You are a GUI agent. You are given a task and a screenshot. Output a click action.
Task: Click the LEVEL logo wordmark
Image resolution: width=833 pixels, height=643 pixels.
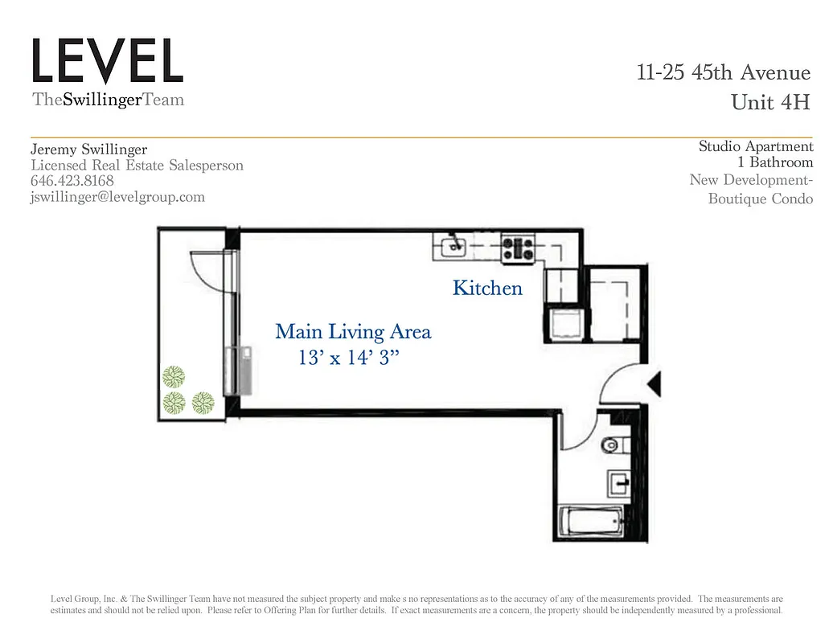pos(108,61)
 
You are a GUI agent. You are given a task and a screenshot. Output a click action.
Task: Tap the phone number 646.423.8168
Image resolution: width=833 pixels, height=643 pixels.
pos(72,181)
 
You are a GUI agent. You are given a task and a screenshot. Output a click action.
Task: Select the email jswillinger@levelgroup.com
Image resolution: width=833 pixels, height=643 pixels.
pos(117,197)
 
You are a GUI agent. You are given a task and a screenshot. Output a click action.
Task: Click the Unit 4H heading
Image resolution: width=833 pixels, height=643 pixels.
pos(770,103)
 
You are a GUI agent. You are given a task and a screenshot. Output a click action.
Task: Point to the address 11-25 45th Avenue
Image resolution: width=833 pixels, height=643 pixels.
pos(723,72)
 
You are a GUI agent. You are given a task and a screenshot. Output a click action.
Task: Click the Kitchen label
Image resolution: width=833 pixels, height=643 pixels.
pos(487,288)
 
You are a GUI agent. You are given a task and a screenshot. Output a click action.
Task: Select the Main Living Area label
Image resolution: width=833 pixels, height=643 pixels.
pos(353,331)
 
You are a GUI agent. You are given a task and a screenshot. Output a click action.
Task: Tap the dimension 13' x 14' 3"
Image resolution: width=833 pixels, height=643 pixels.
pos(349,358)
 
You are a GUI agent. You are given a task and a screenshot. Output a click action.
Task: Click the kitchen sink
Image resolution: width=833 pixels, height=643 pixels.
pos(452,246)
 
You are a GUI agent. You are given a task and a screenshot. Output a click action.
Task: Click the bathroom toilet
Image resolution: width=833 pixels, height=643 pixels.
pos(613,444)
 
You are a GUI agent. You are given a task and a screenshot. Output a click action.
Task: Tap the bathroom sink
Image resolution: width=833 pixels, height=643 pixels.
pos(618,483)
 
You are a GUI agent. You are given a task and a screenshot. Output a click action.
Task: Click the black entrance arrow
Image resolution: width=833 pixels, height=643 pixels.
pos(654,384)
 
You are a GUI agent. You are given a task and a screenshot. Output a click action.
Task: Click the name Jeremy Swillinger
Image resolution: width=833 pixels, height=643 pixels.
pos(88,149)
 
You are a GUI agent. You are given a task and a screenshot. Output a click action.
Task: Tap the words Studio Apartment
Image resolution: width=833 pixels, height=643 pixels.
pos(755,146)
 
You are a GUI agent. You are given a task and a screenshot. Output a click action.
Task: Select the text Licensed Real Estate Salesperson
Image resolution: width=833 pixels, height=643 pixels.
pos(137,166)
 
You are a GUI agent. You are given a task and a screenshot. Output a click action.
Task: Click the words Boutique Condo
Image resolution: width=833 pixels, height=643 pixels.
pos(760,199)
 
